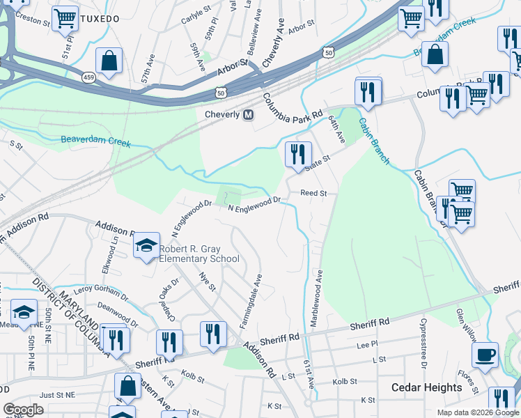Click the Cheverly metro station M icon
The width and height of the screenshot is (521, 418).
tap(247, 115)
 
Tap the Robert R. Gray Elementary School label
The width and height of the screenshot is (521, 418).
tap(199, 254)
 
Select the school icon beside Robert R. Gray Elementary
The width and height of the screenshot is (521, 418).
tap(146, 245)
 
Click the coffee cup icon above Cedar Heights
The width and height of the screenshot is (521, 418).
tap(485, 355)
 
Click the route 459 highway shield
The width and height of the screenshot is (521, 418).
tap(88, 77)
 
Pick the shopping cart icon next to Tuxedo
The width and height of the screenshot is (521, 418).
tap(65, 19)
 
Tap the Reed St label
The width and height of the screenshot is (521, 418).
tap(313, 193)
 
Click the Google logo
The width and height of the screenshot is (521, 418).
tap(24, 410)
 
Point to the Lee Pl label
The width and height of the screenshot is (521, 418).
tap(366, 344)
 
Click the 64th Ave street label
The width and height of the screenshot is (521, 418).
tap(337, 130)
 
